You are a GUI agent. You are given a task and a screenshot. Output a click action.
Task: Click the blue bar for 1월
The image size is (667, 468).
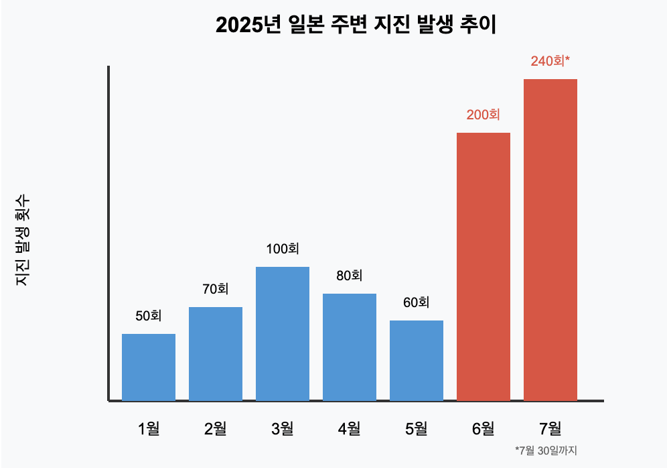point(149,367)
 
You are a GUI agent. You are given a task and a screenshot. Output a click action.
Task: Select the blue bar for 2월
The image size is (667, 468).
point(216,353)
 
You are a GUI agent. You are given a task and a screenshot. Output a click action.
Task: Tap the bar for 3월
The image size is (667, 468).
point(283,333)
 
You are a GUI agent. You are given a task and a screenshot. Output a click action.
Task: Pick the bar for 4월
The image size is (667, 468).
point(350,347)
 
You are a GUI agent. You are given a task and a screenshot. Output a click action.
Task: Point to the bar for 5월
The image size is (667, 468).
point(417,360)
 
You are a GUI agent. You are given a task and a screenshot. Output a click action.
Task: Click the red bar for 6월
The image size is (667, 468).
point(484,266)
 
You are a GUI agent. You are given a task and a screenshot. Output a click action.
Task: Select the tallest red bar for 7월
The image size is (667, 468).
point(550,239)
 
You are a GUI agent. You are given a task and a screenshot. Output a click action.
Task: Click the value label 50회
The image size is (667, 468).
point(149,316)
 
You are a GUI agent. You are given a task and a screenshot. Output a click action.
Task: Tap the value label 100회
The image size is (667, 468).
point(283,249)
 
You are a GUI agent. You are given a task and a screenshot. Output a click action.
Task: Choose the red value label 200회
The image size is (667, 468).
point(484,115)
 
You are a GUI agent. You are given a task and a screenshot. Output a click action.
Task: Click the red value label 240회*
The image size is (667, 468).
point(550,61)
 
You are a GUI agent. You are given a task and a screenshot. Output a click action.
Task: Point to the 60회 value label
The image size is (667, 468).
point(417,302)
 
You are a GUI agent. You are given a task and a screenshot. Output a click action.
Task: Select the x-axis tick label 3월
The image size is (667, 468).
point(283,428)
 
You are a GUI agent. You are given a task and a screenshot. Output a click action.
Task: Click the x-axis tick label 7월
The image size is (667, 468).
point(550,428)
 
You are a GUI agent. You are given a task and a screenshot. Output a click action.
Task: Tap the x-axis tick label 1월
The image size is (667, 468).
point(149,428)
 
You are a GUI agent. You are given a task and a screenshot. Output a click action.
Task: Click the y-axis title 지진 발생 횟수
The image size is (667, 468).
point(23,240)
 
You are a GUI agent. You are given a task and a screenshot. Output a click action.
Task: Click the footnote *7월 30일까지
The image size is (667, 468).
point(546,451)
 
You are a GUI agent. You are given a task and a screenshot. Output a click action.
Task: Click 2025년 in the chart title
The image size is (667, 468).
point(246,25)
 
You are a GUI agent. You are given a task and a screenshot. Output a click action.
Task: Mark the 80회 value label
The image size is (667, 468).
point(350,276)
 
